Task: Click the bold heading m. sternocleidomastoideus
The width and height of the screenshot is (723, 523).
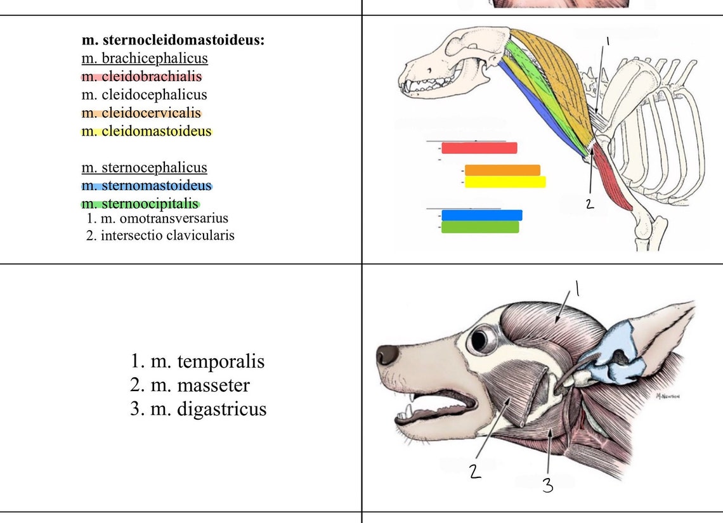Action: [173, 40]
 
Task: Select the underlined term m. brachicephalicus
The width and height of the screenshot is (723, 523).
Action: [145, 58]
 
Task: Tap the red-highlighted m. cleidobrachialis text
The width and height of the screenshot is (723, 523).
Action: [141, 77]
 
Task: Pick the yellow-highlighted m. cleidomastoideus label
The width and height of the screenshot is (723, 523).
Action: [147, 132]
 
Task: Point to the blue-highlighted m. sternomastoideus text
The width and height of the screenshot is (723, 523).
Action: [147, 186]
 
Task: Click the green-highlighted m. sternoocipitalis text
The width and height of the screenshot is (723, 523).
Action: [140, 204]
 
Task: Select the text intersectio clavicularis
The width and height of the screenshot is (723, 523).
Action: [167, 235]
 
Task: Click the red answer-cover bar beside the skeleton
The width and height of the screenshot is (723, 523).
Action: [479, 148]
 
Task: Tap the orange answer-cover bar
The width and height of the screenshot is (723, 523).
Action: [502, 170]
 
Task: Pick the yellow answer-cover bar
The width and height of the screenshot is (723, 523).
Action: [505, 182]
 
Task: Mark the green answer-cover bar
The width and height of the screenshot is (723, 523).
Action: [480, 227]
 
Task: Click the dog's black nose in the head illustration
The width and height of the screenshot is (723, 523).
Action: [386, 354]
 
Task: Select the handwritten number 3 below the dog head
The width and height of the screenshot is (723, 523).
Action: [547, 486]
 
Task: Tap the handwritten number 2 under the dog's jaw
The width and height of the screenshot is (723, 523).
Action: [476, 472]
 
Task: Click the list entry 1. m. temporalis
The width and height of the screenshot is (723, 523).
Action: [197, 362]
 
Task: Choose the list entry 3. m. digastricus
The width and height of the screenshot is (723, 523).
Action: [198, 409]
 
